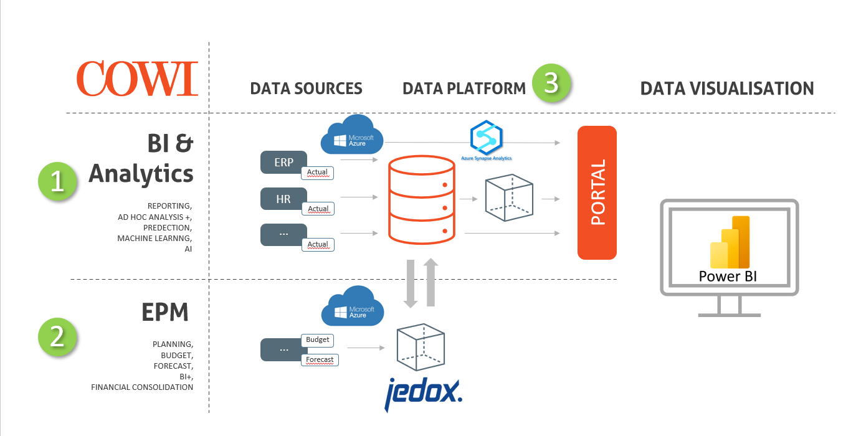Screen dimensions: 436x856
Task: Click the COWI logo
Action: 137,78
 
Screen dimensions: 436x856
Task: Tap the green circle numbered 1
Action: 57,181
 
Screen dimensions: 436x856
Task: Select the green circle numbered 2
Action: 57,336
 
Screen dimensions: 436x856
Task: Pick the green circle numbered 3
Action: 551,83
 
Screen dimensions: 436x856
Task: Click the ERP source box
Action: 284,162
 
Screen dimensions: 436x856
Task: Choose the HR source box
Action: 284,199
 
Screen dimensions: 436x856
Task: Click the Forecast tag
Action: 320,359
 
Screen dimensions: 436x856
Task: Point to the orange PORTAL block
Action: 597,192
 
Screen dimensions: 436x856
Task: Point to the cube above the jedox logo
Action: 421,348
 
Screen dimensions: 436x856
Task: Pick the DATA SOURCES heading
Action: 306,88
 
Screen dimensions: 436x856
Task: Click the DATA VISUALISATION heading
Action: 727,88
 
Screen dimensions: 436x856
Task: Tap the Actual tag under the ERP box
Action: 318,173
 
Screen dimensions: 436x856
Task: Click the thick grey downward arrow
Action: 411,283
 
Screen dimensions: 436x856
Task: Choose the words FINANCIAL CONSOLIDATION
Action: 142,387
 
